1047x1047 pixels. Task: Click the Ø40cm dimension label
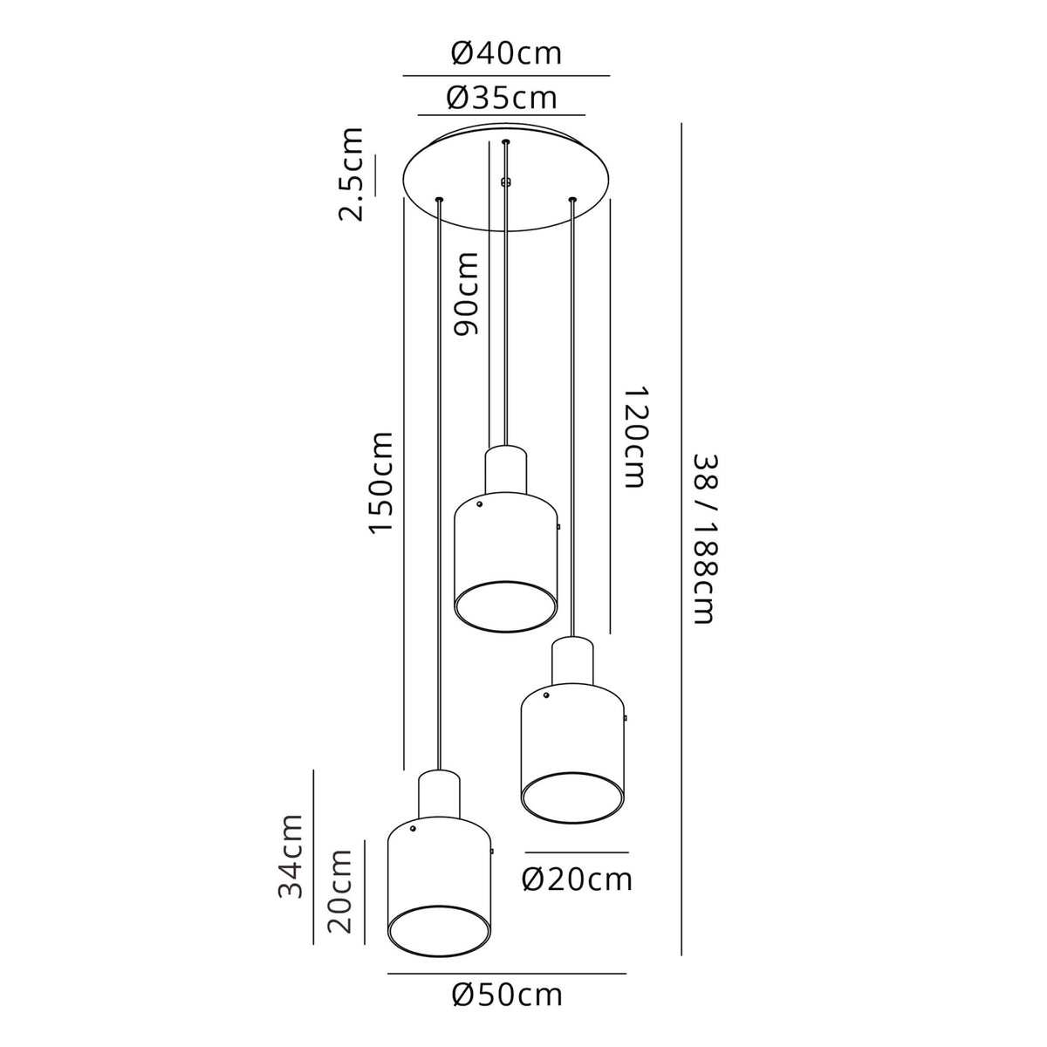pos(506,53)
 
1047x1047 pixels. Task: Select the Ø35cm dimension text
pos(502,98)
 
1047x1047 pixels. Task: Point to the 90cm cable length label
pos(466,293)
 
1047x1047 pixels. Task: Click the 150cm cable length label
pos(380,482)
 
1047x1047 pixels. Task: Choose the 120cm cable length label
pos(634,437)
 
